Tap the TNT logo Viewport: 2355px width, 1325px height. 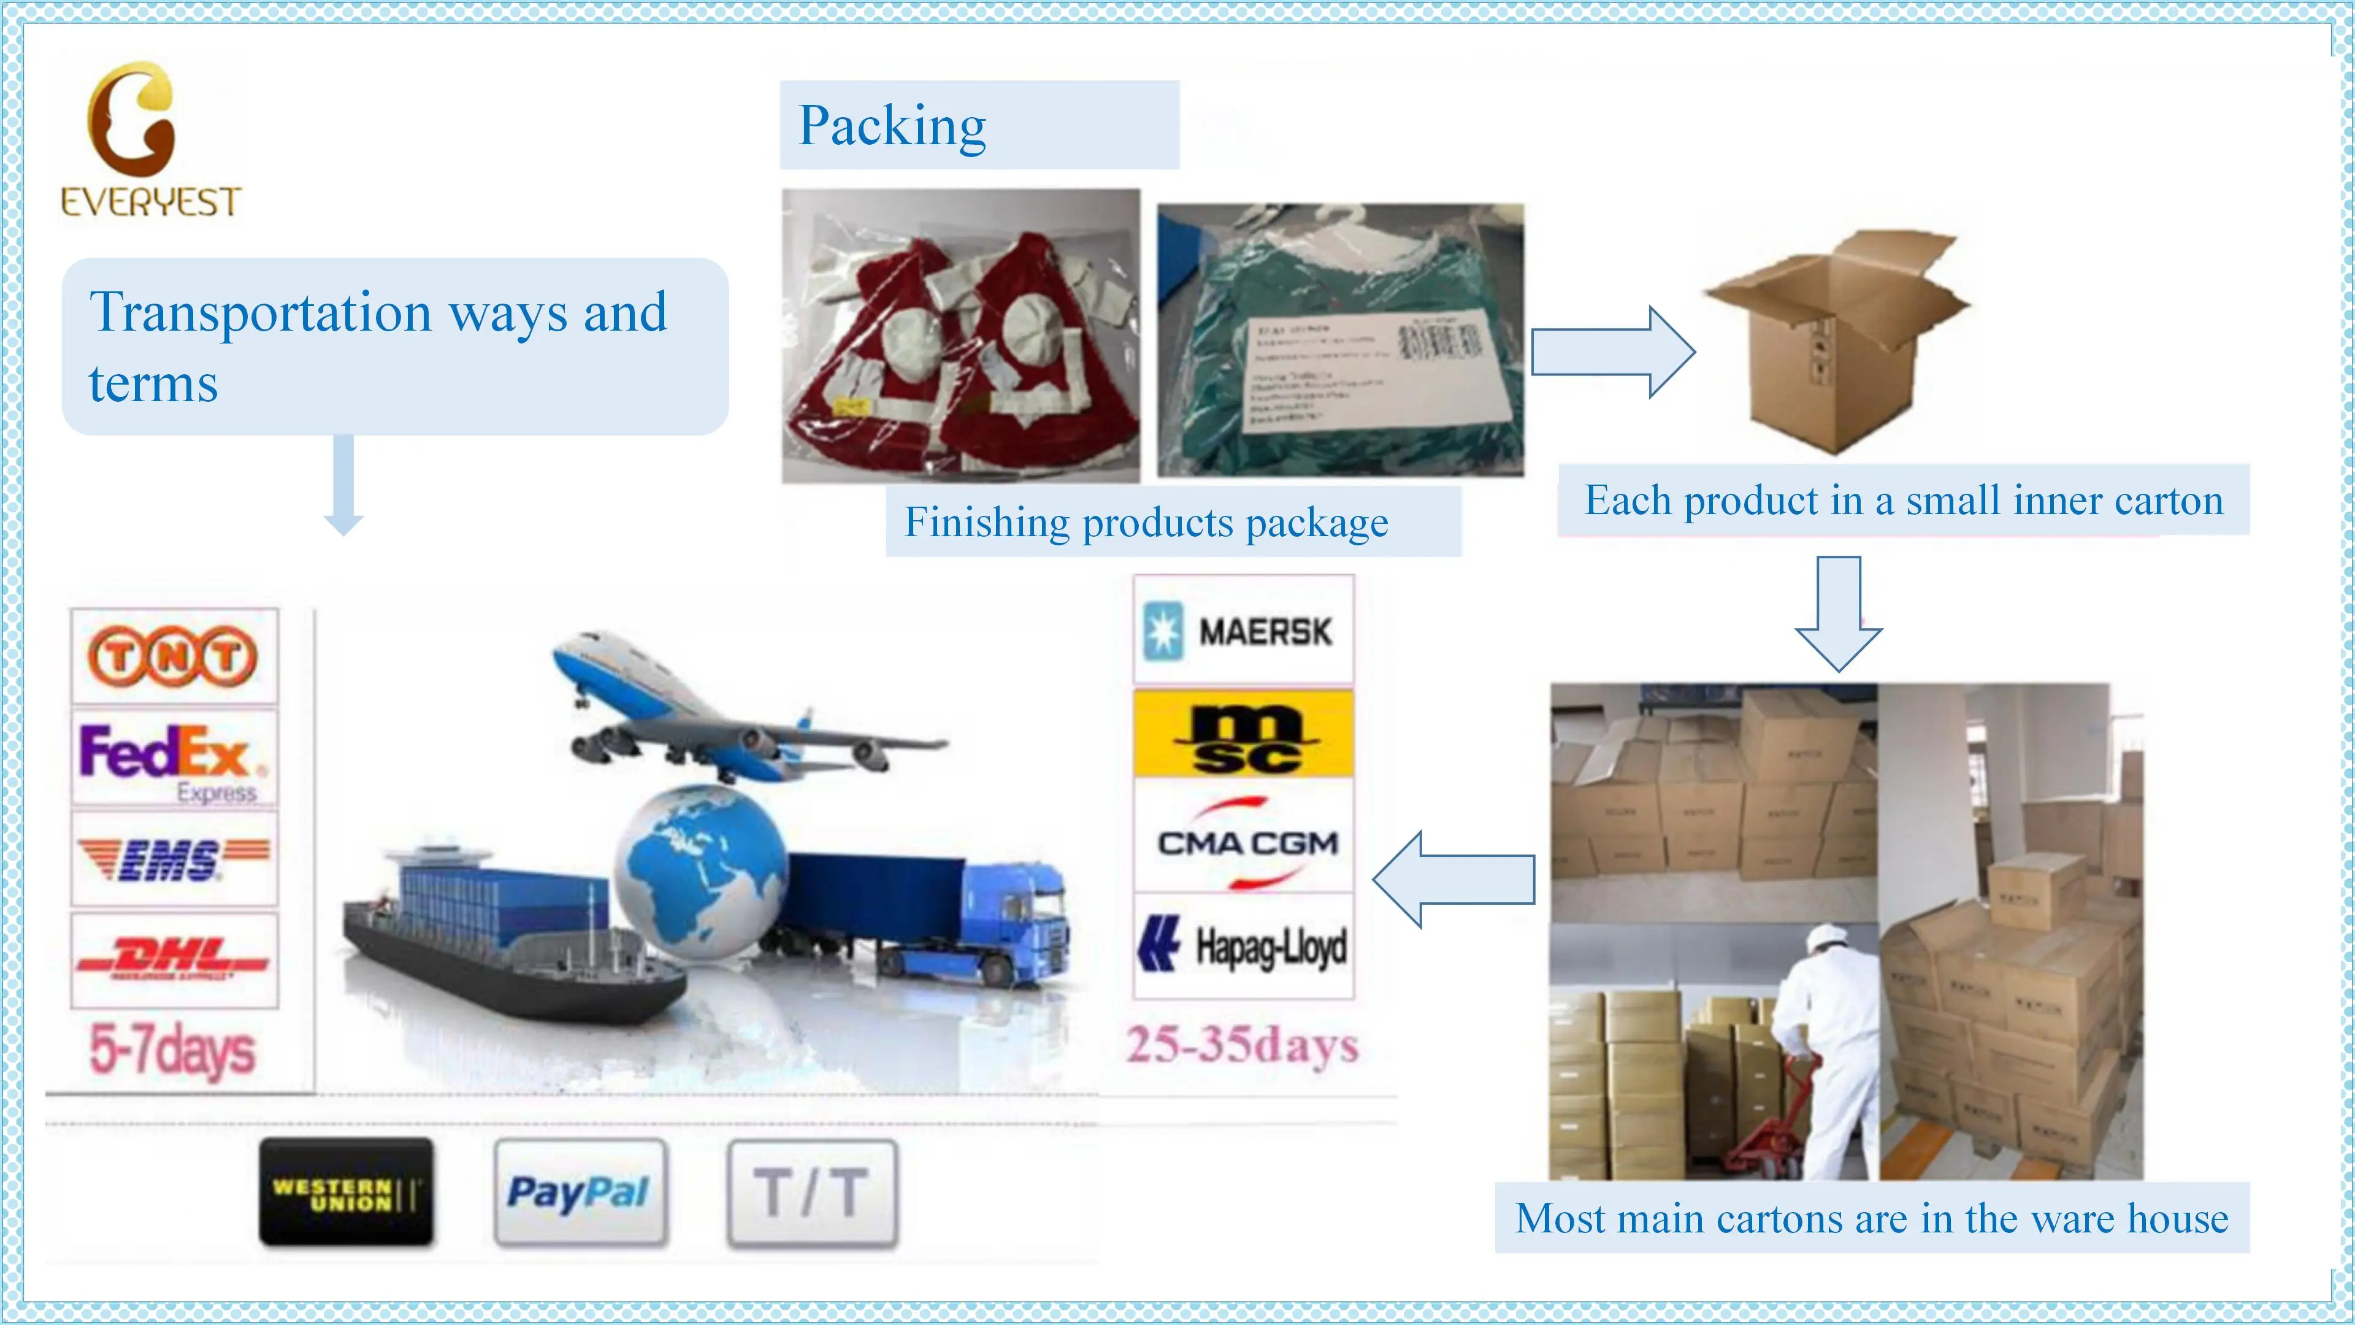(173, 656)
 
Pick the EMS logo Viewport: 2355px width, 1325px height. (173, 859)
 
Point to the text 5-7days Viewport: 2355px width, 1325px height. (172, 1050)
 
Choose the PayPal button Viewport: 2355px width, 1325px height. (580, 1192)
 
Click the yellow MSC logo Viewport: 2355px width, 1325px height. (1243, 734)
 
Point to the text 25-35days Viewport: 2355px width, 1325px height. (1241, 1044)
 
